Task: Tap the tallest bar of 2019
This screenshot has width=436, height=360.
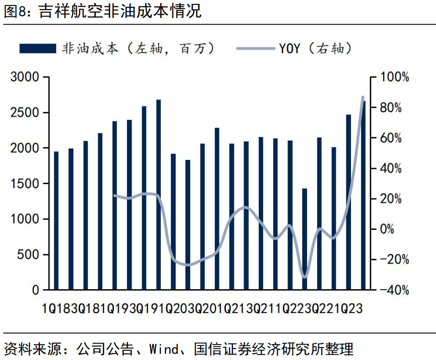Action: (159, 195)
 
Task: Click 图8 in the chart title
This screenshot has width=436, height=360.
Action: (16, 11)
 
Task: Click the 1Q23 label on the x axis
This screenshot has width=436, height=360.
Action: (349, 308)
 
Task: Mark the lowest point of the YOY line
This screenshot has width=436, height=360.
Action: (304, 277)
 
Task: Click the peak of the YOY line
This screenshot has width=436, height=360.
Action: (363, 97)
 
